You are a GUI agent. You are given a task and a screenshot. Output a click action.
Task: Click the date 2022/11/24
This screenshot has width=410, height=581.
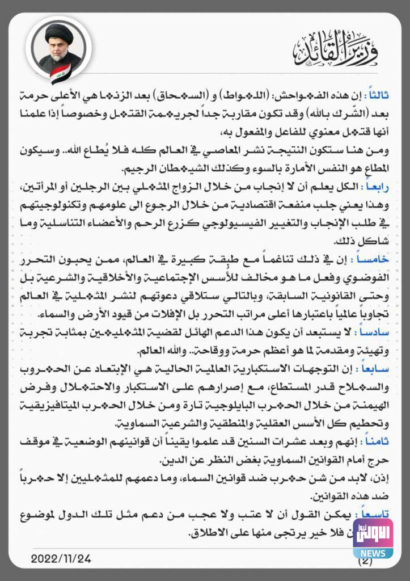click(61, 558)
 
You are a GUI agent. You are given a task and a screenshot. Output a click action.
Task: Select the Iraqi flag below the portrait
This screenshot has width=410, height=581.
click(60, 74)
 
